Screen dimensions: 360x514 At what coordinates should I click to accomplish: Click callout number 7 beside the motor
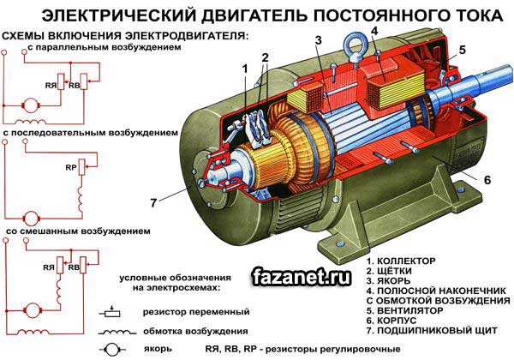pyautogui.click(x=154, y=203)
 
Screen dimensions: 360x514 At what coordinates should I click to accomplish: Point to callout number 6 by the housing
pyautogui.click(x=486, y=180)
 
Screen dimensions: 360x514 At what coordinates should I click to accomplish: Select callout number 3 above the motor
pyautogui.click(x=318, y=40)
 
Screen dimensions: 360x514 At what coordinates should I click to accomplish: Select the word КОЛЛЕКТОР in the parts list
pyautogui.click(x=406, y=260)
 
